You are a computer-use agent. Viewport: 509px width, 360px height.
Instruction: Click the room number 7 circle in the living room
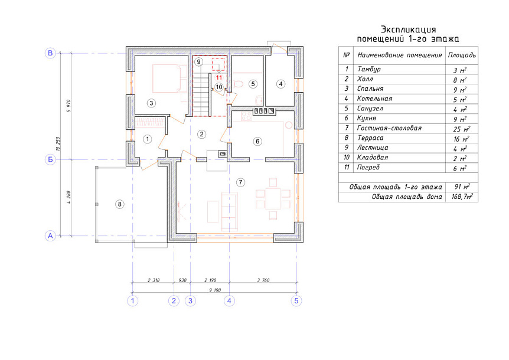(x=240, y=182)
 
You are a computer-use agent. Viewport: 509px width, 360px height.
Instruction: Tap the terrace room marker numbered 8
(x=120, y=204)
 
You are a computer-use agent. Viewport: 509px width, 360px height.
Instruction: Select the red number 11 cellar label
(x=219, y=77)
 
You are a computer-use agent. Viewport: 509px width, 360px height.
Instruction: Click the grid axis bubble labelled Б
(x=50, y=159)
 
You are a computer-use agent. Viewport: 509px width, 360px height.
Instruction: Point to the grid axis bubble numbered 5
(x=296, y=301)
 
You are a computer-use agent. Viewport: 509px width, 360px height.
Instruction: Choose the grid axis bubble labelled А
(x=50, y=236)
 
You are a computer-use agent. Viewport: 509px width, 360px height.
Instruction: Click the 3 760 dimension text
(x=263, y=280)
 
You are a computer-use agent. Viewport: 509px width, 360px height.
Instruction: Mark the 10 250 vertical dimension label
(x=58, y=143)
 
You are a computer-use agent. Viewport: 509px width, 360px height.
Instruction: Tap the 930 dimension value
(x=182, y=280)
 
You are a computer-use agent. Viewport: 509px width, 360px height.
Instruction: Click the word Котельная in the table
(x=374, y=99)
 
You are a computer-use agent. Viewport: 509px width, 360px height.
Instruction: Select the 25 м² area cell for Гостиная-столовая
(x=462, y=129)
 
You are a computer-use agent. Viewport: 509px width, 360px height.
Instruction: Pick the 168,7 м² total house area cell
(x=462, y=197)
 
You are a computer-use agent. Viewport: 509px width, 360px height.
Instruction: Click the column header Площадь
(x=462, y=55)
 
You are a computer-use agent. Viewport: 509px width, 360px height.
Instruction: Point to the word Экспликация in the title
(x=408, y=30)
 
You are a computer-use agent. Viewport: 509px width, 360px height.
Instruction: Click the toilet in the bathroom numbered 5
(x=238, y=84)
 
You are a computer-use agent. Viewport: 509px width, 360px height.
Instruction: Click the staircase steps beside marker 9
(x=201, y=94)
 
